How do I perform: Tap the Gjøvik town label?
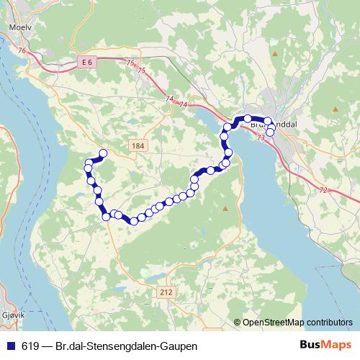(14, 315)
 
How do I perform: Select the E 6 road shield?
(86, 63)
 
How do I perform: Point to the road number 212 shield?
(166, 292)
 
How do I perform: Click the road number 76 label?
(22, 50)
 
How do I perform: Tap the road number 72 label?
(323, 190)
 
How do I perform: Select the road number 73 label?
(259, 137)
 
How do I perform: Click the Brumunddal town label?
(277, 124)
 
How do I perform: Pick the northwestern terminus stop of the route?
(103, 153)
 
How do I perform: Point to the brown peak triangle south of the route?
(225, 208)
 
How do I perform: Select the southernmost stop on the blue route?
(134, 221)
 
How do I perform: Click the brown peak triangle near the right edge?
(336, 109)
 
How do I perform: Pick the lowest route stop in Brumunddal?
(270, 132)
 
